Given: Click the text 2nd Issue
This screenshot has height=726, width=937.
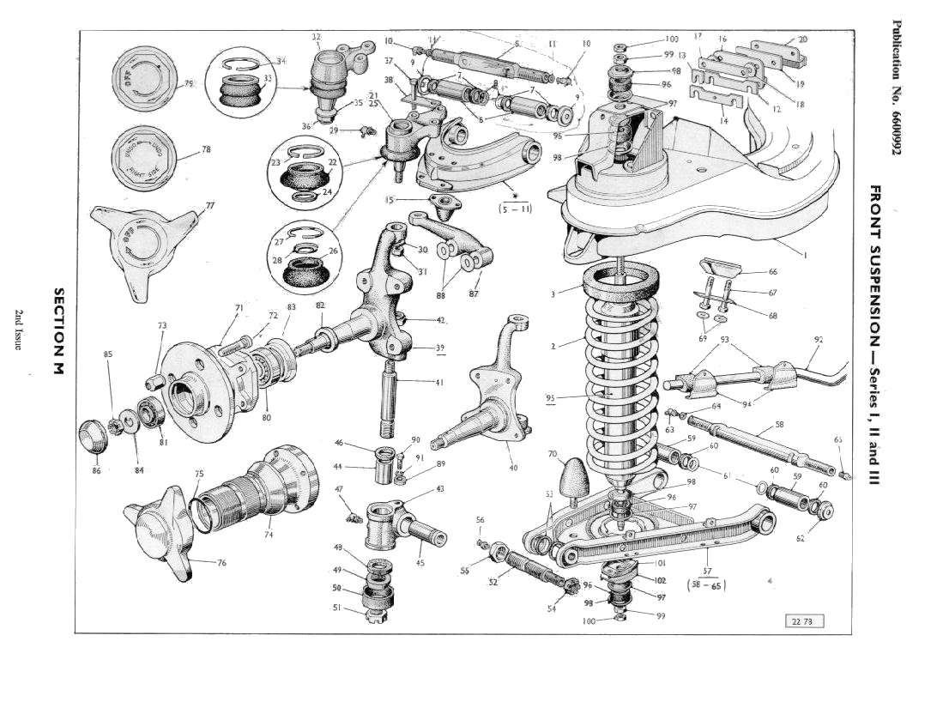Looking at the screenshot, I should (18, 330).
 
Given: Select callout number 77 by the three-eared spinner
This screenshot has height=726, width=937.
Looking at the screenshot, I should (209, 206).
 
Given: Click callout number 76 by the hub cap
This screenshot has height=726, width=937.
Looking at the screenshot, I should (221, 563).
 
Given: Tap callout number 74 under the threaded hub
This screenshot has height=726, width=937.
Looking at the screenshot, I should (269, 534).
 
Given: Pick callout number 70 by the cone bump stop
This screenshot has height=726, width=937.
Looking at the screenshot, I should (552, 454).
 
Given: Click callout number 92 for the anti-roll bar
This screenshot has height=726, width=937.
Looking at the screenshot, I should (818, 340).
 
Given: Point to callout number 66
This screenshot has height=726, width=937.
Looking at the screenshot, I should (772, 271).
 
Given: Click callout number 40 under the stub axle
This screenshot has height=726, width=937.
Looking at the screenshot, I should (513, 468).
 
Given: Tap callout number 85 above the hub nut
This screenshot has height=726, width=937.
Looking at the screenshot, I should (108, 354).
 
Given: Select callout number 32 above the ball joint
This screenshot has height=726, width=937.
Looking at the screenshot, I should (317, 37).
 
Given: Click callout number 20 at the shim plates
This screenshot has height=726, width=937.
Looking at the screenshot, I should (802, 39).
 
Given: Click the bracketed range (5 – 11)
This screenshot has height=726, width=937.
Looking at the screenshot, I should (514, 207).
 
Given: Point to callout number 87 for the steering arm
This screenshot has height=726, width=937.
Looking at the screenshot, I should (474, 293).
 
